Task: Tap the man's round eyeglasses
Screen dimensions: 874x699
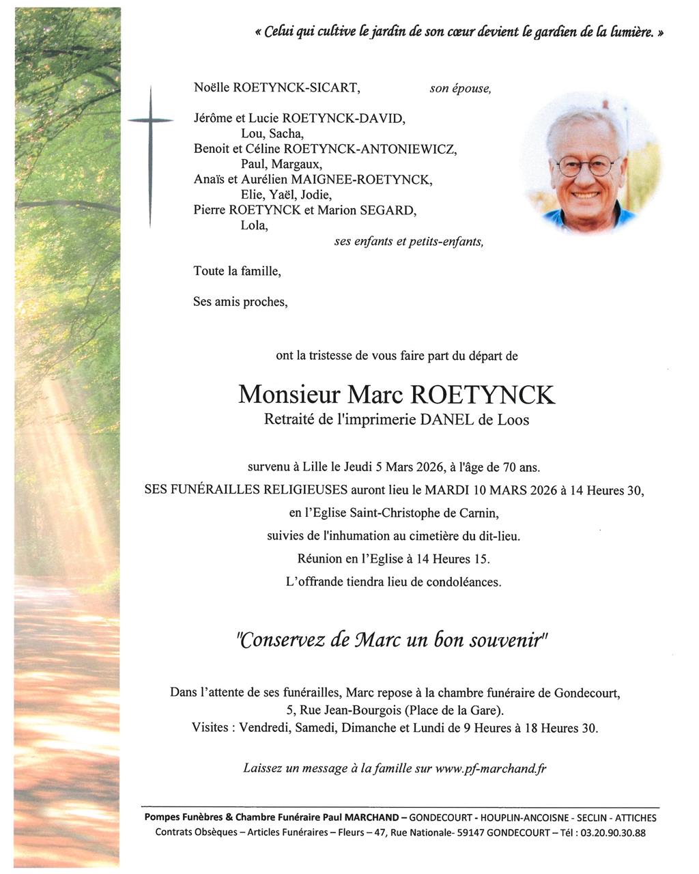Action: coord(587,166)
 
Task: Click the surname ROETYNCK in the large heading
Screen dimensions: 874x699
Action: coord(482,395)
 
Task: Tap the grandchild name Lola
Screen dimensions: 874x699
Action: coord(254,225)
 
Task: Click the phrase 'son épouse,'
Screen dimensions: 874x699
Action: coord(459,89)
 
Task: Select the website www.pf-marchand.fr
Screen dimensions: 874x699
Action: coord(491,768)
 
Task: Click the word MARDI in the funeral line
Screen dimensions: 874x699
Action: coord(446,490)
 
